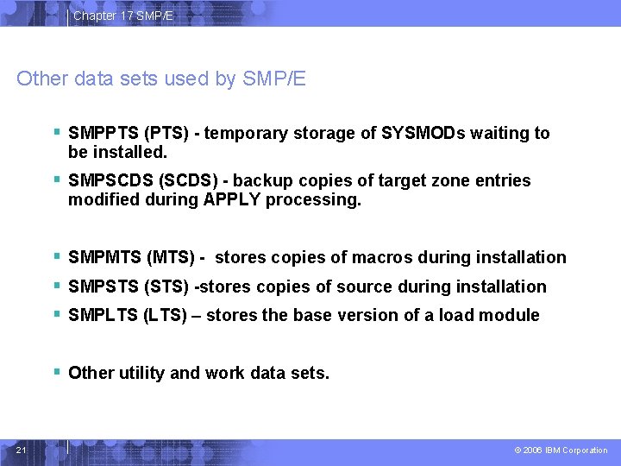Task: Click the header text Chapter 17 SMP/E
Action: [122, 16]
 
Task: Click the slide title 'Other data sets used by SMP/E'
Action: [161, 79]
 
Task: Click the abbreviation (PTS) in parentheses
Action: [168, 133]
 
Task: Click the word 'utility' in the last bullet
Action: [140, 373]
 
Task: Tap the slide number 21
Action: [22, 450]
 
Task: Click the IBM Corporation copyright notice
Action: [561, 450]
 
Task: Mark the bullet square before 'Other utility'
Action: [56, 372]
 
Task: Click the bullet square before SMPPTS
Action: [56, 132]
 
